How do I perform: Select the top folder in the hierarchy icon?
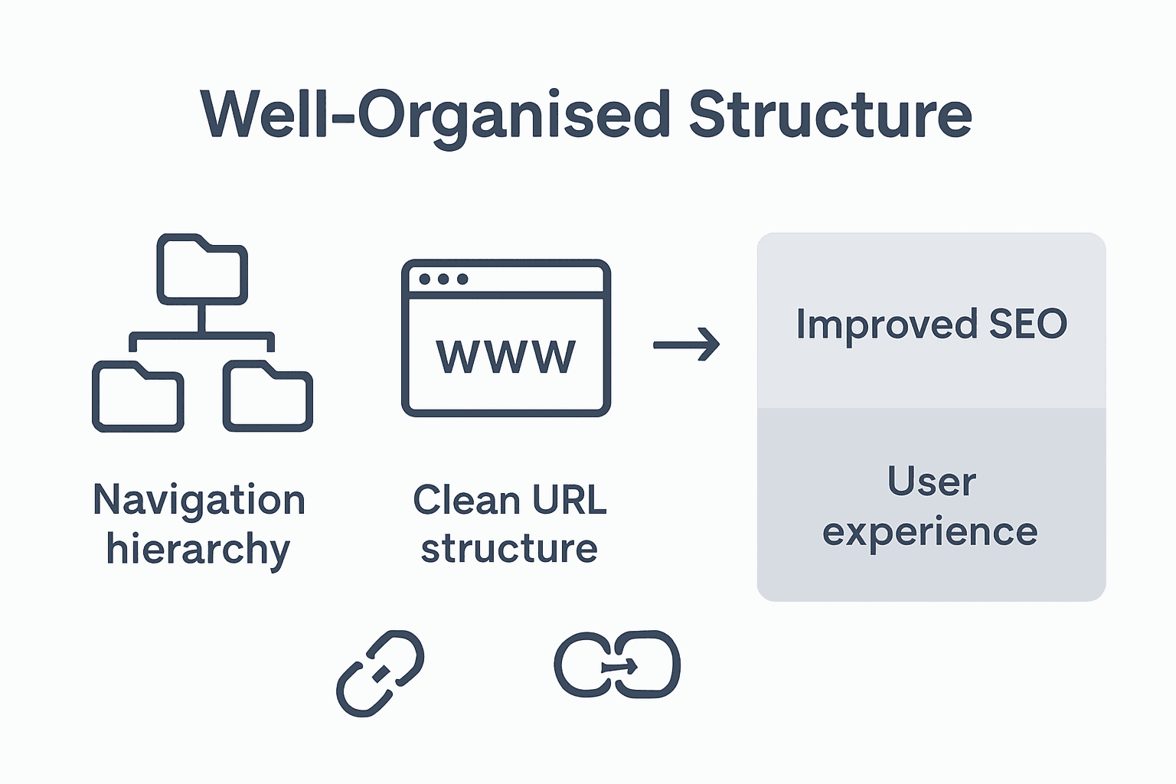[x=202, y=270]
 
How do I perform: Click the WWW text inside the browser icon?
[x=505, y=357]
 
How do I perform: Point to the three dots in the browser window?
[x=443, y=279]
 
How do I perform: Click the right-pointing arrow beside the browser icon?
[x=686, y=345]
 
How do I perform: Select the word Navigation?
[x=199, y=500]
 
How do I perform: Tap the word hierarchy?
[x=198, y=550]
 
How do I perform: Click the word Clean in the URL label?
[x=466, y=500]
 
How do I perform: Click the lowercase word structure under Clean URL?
[x=509, y=549]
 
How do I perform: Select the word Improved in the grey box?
[x=887, y=324]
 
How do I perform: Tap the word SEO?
[x=1027, y=324]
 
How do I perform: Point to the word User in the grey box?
[x=931, y=482]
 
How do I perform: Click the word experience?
[x=930, y=532]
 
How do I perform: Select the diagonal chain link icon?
[x=380, y=673]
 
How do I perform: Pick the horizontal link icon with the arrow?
[x=617, y=664]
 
